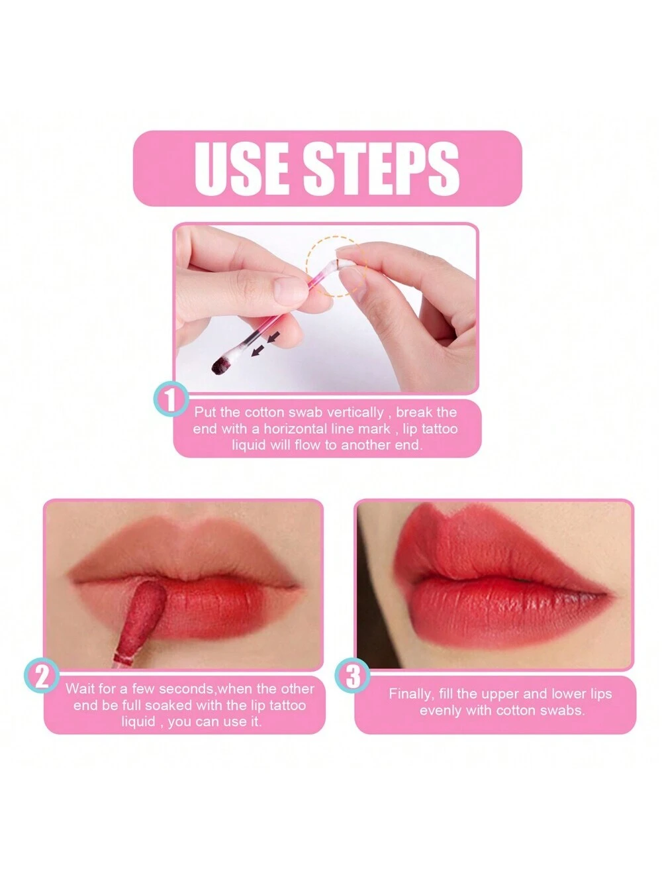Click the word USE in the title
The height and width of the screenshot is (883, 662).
[242, 168]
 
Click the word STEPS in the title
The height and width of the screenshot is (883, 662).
[381, 168]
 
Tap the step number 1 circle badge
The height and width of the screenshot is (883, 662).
[171, 399]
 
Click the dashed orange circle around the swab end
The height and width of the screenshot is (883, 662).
[337, 267]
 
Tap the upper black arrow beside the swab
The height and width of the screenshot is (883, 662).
[273, 337]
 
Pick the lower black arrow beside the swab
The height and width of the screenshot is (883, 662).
[258, 350]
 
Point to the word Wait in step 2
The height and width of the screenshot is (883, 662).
[80, 689]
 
